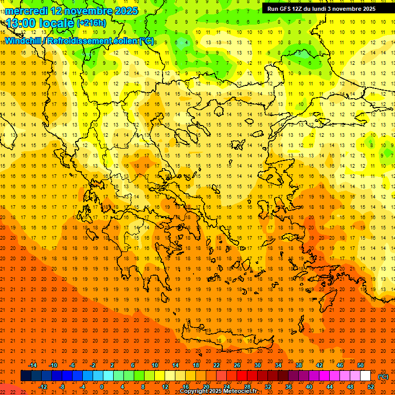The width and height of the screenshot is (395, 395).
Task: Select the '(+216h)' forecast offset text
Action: click(92, 23)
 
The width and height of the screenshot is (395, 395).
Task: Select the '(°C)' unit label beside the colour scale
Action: click(383, 376)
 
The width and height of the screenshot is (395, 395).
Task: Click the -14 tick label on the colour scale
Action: click(32, 365)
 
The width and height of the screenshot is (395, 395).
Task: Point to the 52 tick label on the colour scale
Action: click(371, 387)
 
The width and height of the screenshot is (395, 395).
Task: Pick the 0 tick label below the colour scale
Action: click(102, 387)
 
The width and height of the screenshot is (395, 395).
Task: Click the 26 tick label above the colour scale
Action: click(237, 365)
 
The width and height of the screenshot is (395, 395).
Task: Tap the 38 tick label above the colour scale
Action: click(299, 365)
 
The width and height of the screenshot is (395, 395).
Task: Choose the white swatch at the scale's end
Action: click(366, 376)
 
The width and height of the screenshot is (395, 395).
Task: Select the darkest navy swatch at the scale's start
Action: click(26, 376)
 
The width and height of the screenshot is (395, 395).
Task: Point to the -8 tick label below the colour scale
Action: click(62, 387)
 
